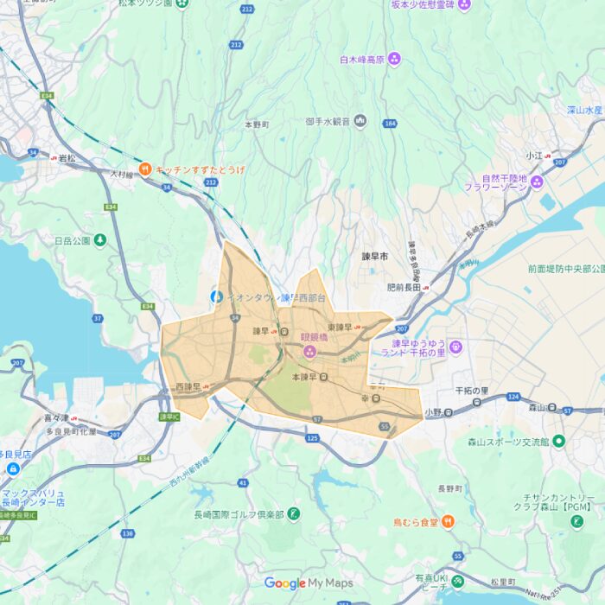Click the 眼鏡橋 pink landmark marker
point(309,350)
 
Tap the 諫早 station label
point(260,331)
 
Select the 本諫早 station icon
point(324,378)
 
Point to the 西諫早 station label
point(188,386)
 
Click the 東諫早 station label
point(339,327)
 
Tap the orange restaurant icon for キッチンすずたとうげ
point(145,169)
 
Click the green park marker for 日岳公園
point(100,239)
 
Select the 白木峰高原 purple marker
point(394,59)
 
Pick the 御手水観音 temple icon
point(360,121)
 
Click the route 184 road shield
point(390,124)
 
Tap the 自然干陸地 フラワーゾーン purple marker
point(536,181)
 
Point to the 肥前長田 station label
point(403,287)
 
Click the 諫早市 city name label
point(375,258)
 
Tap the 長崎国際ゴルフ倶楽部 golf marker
point(294,513)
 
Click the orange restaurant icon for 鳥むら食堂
point(448,522)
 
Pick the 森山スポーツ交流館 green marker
point(558,441)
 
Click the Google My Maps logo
point(309,583)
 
